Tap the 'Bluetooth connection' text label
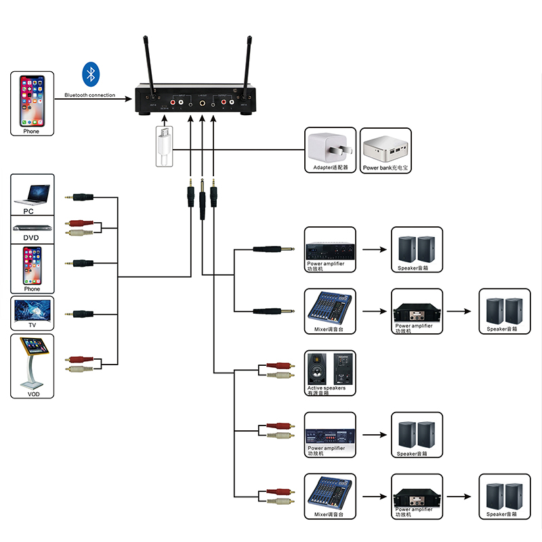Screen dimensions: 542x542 click(89, 96)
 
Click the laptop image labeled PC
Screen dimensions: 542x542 click(31, 192)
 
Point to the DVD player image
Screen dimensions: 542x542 click(31, 227)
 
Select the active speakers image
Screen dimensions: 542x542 click(331, 368)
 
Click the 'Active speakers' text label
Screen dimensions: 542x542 click(327, 388)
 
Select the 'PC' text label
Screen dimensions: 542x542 click(28, 211)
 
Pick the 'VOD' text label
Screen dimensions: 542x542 click(31, 394)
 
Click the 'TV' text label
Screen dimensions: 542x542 click(31, 326)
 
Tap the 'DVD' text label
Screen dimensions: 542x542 click(31, 238)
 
